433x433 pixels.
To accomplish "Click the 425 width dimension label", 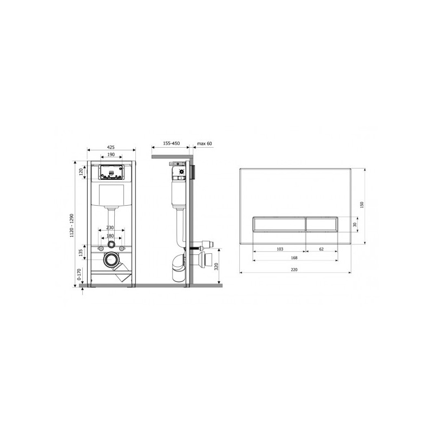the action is click(111, 147).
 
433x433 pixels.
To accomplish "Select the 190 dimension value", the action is click(111, 155).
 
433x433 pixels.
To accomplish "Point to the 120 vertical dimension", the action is click(81, 172).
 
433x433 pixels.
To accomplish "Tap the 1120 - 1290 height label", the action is click(72, 226).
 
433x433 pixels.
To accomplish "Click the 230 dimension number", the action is click(110, 227).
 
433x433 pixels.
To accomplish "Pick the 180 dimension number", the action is click(110, 236).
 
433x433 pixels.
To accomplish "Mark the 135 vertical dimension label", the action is click(81, 253).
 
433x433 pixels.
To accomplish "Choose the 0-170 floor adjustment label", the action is click(80, 275).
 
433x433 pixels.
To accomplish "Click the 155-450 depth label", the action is click(171, 143).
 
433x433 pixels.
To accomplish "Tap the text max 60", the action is click(205, 143).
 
